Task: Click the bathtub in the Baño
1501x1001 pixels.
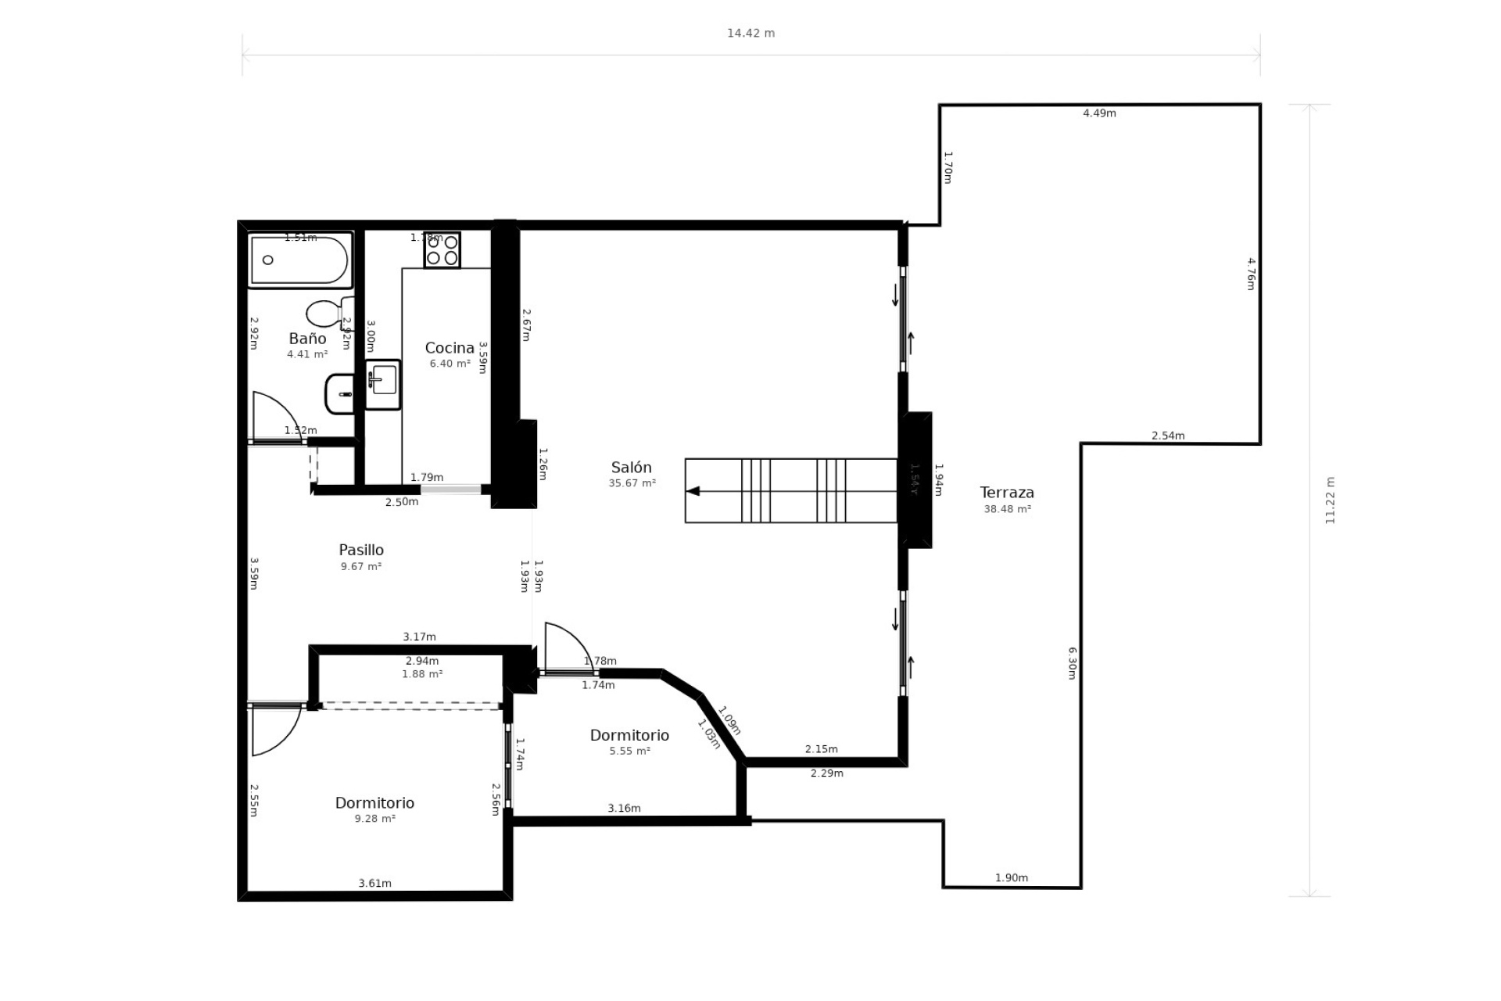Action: (x=299, y=261)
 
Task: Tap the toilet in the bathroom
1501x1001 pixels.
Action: (x=327, y=313)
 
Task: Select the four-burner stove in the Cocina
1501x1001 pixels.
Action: (x=442, y=250)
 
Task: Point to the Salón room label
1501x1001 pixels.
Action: (x=631, y=468)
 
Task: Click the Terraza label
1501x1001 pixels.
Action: (x=1007, y=493)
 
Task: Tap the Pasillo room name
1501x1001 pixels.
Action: (x=360, y=550)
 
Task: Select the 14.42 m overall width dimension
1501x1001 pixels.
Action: (x=750, y=34)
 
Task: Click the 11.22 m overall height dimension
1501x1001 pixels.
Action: (x=1331, y=500)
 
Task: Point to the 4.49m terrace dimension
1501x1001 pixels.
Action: (x=1099, y=113)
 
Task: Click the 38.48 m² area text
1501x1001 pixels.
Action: (x=1007, y=509)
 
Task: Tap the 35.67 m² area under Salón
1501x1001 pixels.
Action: (x=632, y=483)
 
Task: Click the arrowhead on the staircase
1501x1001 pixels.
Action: (x=693, y=491)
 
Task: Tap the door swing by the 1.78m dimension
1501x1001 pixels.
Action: (x=568, y=646)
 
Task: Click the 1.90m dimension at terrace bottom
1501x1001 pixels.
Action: (x=1011, y=877)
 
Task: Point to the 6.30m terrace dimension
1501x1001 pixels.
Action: (x=1073, y=662)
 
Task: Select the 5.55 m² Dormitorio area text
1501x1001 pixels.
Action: (x=629, y=752)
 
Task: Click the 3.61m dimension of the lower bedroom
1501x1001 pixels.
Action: (x=374, y=883)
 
